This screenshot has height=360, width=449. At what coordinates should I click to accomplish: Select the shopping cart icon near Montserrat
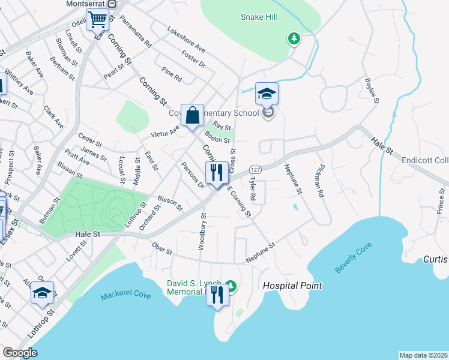(97, 19)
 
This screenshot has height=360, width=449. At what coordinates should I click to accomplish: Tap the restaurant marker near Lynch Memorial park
(217, 295)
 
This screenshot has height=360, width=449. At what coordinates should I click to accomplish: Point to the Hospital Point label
(292, 286)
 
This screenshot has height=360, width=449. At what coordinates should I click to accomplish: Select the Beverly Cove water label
(354, 259)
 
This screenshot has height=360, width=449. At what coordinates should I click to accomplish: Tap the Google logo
(20, 353)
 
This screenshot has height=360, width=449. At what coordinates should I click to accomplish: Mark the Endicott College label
(426, 161)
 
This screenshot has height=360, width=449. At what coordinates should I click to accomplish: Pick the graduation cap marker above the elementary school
(267, 94)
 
